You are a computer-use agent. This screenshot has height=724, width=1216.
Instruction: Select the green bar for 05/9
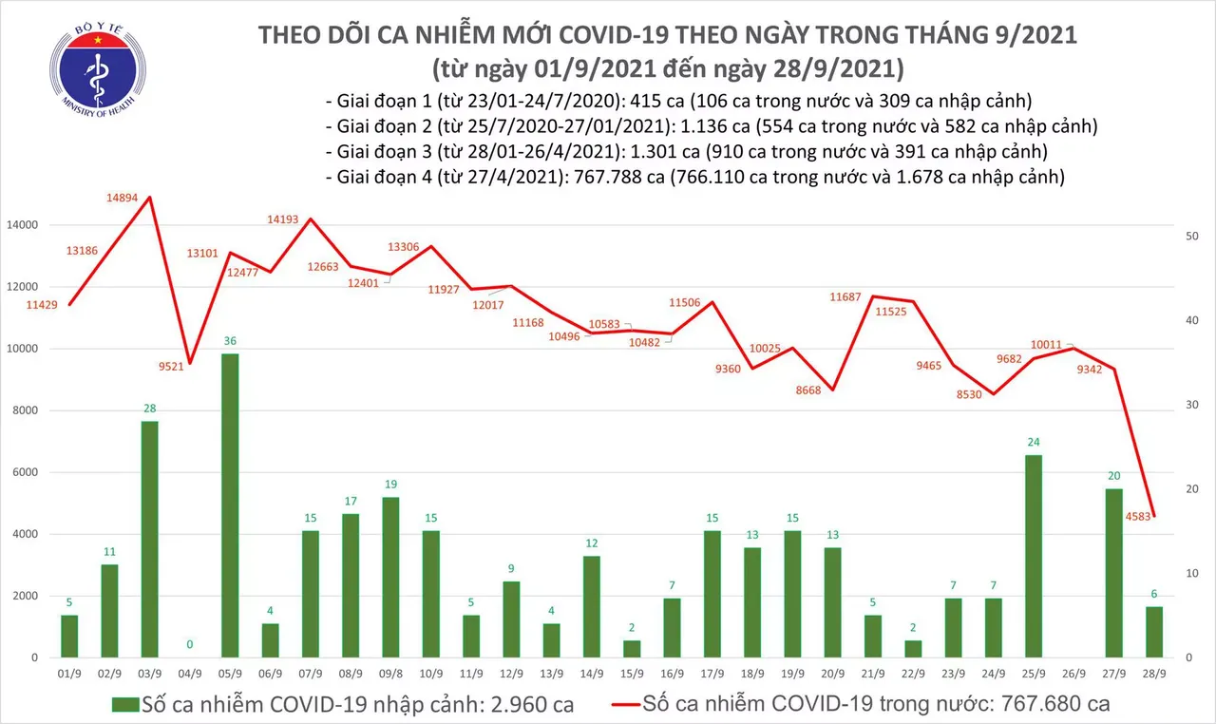pos(230,505)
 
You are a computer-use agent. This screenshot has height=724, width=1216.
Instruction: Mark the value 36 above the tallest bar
pos(230,341)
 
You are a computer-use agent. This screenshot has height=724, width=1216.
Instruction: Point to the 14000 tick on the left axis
pos(27,225)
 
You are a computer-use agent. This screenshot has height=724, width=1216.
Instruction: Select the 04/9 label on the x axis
pos(190,673)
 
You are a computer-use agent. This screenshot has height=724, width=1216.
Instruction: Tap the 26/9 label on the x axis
pos(1074,673)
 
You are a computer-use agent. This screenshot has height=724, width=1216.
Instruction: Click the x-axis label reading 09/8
pos(390,673)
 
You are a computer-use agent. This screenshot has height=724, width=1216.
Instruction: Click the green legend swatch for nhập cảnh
pos(124,704)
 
